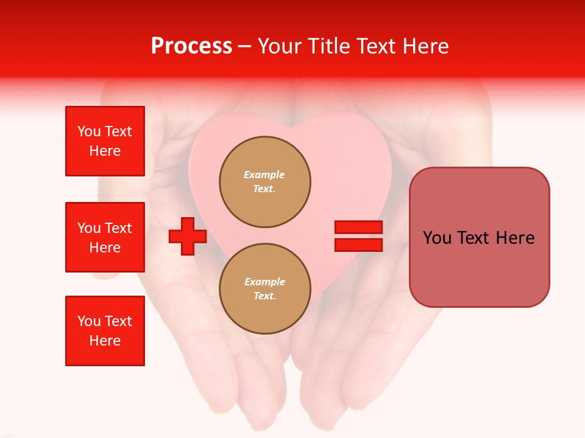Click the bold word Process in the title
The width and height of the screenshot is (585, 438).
[191, 46]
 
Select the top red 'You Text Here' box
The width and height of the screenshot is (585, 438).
[105, 141]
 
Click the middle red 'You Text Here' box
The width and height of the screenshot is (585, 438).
[105, 237]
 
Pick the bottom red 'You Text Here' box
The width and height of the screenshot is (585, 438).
[105, 331]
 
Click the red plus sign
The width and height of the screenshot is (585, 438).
[187, 236]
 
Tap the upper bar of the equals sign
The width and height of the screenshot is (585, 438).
[358, 227]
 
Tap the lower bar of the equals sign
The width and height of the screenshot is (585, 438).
[358, 245]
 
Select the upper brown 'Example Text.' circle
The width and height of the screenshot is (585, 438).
[265, 182]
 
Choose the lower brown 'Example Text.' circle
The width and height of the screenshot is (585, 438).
[265, 289]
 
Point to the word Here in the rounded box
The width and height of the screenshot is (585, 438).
[515, 238]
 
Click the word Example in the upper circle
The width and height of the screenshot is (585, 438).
[264, 175]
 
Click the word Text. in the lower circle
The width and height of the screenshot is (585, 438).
[264, 296]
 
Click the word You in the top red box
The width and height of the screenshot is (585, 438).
[89, 131]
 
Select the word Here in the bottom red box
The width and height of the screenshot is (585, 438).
[105, 341]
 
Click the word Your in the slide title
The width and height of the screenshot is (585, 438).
[281, 46]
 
